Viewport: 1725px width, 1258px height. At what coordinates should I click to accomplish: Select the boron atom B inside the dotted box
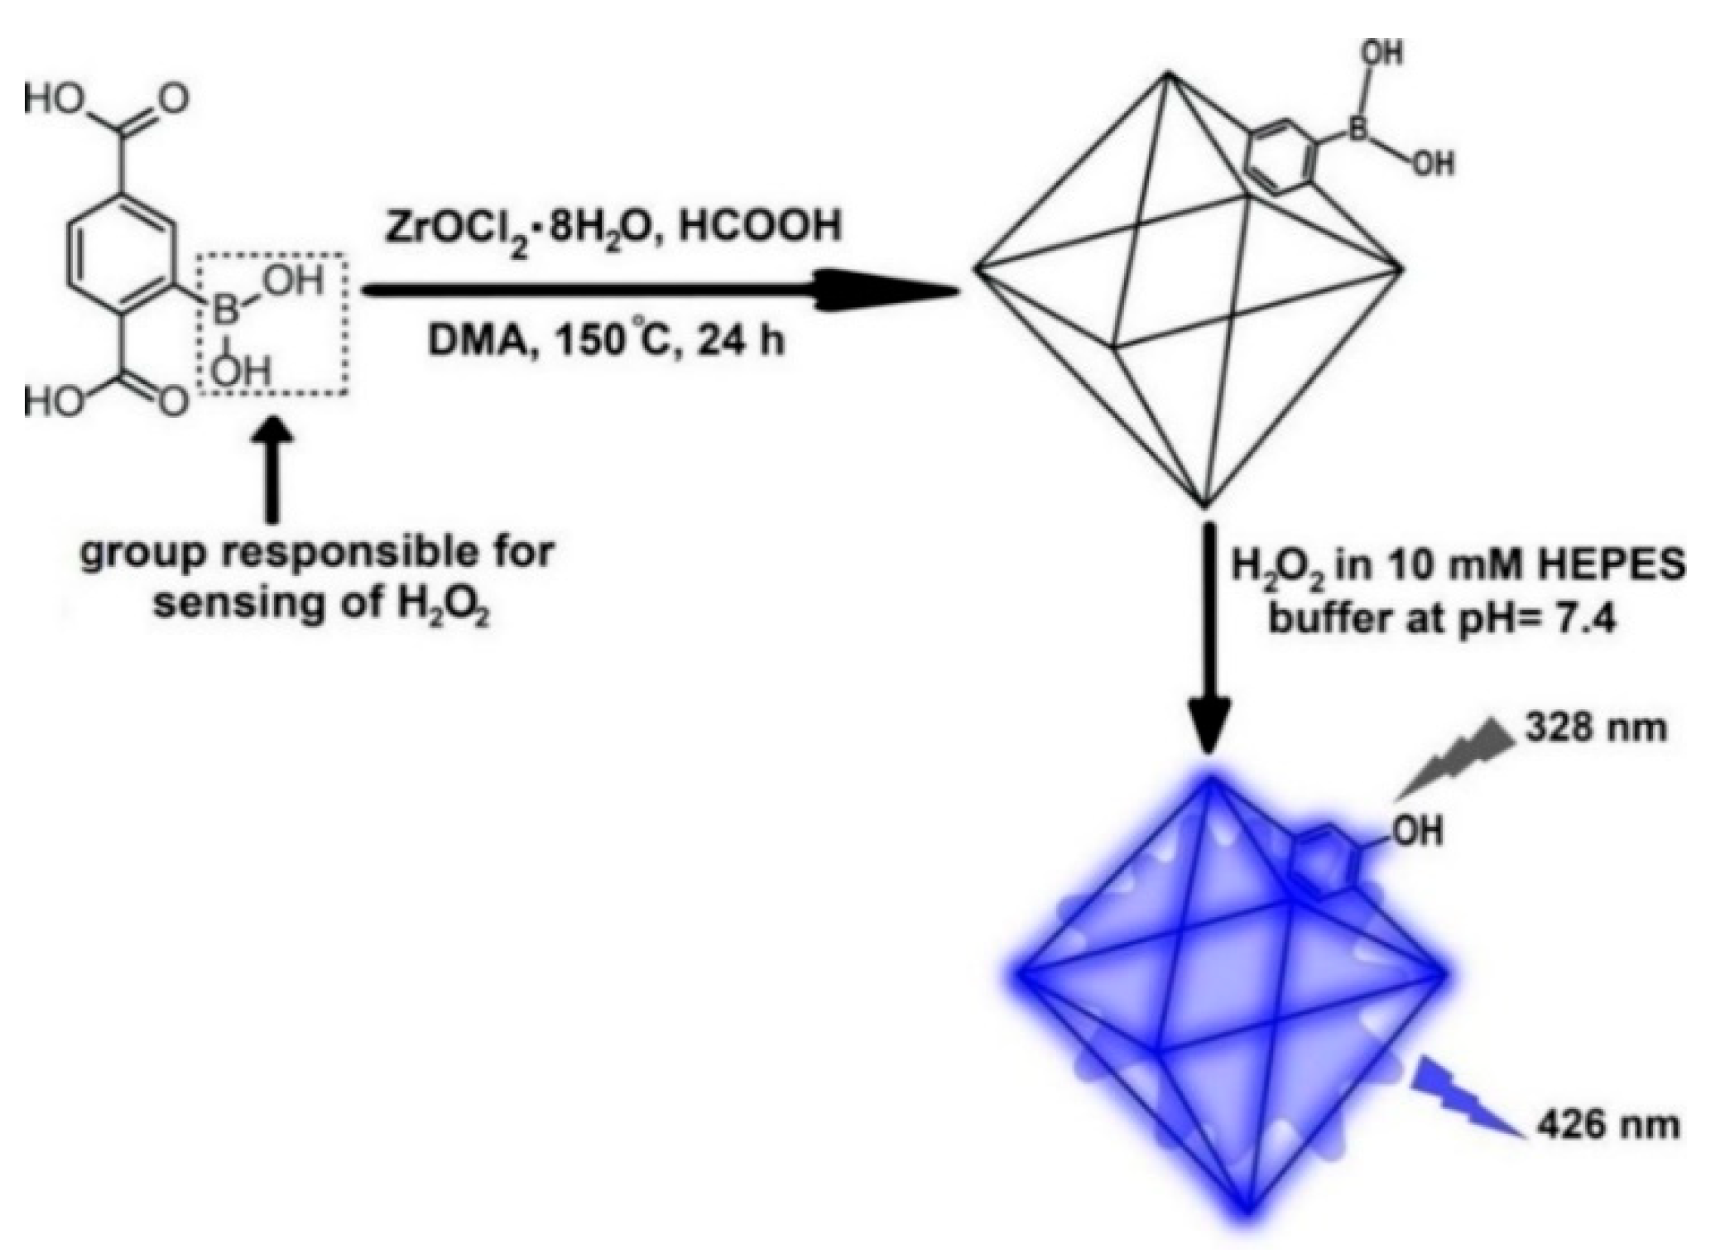click(225, 313)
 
